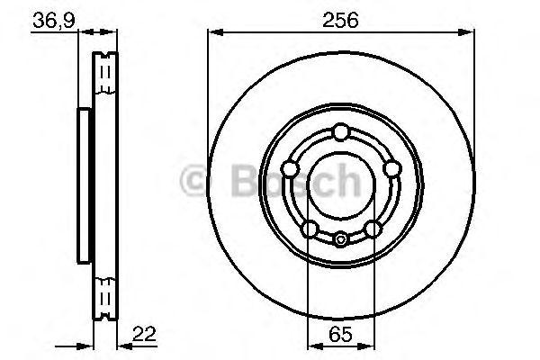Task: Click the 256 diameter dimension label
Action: (340, 20)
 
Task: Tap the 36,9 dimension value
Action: (54, 21)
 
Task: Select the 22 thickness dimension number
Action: (144, 334)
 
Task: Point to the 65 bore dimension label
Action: (340, 335)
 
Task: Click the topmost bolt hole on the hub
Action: (341, 132)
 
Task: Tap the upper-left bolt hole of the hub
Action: (290, 169)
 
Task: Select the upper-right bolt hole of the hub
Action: (391, 169)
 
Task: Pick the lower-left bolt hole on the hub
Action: (310, 229)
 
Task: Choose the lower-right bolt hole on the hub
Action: (373, 229)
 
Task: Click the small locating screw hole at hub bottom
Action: (340, 239)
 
